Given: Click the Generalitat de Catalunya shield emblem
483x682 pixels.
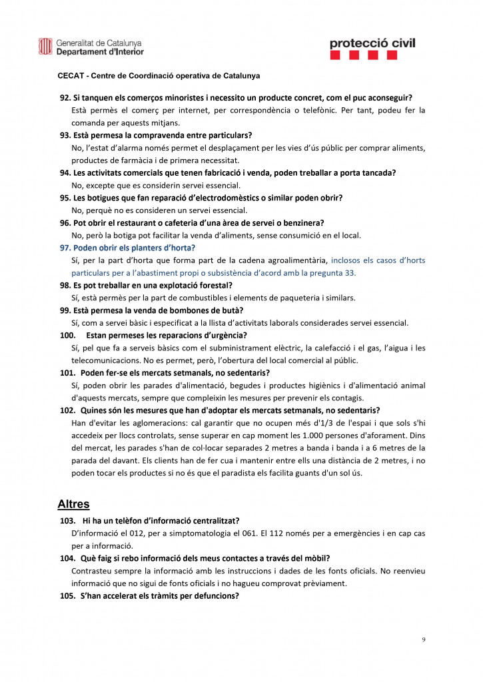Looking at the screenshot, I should point(45,46).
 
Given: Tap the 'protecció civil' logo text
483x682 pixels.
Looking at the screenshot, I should point(372,43).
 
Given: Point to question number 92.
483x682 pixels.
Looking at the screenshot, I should point(65,98).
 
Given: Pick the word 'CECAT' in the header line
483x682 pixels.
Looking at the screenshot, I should point(72,76).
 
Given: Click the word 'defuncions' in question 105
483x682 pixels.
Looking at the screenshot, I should point(215,595).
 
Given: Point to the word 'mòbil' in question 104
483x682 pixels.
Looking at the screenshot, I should point(317,557).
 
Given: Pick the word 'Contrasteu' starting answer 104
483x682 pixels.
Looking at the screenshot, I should point(91,571).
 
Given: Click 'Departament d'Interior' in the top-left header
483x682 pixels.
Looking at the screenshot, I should point(100,51).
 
